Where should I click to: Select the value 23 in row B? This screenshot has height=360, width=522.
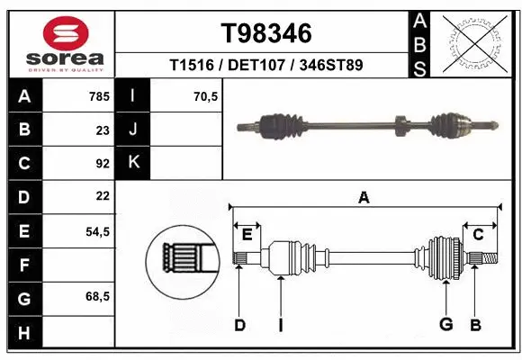(x=103, y=130)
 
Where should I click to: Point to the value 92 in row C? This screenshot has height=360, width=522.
(x=103, y=164)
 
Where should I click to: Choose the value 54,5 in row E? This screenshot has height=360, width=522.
(x=97, y=231)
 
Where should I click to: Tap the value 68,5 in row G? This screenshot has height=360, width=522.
(x=97, y=296)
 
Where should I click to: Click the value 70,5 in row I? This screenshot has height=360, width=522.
(x=206, y=95)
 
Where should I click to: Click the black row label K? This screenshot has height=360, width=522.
(x=133, y=163)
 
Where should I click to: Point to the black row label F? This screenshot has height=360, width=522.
(x=24, y=265)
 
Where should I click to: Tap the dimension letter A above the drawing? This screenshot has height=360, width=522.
(x=364, y=197)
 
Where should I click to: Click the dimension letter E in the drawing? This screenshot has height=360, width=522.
(x=247, y=235)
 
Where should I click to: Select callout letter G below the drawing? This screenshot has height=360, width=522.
(x=445, y=325)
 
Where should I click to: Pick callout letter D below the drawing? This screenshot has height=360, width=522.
(x=239, y=325)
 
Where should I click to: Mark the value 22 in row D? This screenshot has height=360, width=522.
(x=103, y=195)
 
